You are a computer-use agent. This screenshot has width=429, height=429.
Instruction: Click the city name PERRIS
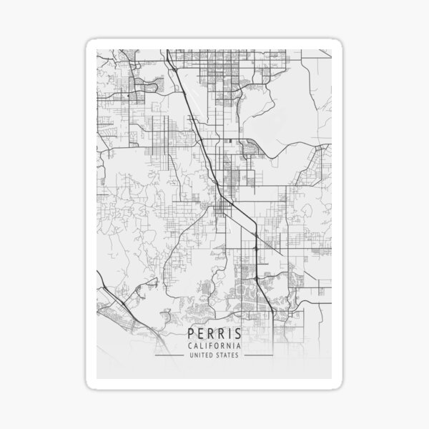tap(214, 334)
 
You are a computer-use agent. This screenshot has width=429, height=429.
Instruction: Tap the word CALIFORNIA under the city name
tap(214, 346)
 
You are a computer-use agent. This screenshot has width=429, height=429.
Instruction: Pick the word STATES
tap(229, 355)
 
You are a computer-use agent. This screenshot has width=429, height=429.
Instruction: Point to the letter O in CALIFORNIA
tap(217, 346)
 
